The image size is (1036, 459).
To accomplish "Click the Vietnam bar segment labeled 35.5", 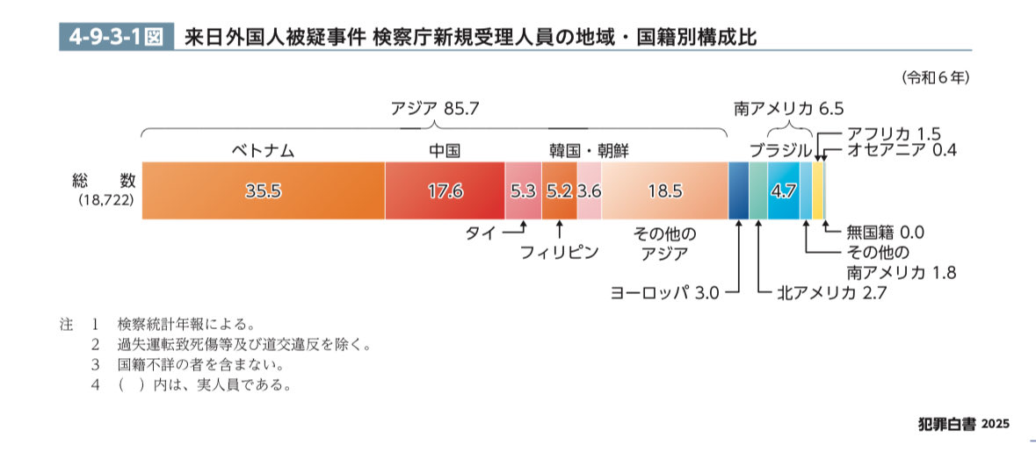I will click(x=263, y=190).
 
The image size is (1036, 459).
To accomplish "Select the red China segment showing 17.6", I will click(x=445, y=190).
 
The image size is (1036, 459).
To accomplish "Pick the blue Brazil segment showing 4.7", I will click(x=782, y=190).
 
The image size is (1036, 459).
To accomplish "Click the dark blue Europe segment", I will click(x=738, y=190).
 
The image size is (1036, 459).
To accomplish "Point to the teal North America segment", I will click(x=758, y=190).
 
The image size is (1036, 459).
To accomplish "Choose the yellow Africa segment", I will click(x=817, y=190).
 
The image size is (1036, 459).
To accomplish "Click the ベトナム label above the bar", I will click(x=263, y=150).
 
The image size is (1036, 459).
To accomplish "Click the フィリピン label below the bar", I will click(x=559, y=253).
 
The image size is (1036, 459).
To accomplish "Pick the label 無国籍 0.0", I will click(x=886, y=233).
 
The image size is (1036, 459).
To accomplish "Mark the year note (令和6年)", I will click(x=934, y=77).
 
